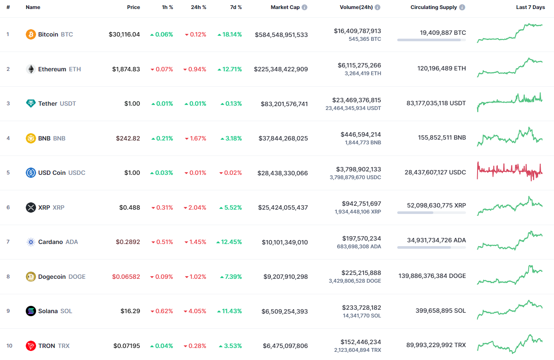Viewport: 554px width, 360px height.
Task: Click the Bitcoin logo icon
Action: [30, 34]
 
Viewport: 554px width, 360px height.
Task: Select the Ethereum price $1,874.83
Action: [126, 69]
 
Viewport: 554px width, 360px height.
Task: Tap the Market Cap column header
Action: [285, 7]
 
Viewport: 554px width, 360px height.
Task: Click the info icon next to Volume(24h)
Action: [377, 7]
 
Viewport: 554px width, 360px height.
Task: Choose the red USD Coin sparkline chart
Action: [510, 171]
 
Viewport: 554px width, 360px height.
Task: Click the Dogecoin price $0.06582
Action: [126, 277]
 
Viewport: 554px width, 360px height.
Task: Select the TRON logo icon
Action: [30, 346]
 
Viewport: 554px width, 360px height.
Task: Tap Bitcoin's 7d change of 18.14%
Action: [229, 34]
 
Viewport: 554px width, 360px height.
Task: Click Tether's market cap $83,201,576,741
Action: [284, 104]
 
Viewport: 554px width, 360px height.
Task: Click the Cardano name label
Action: [50, 242]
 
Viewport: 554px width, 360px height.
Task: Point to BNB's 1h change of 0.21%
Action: [161, 138]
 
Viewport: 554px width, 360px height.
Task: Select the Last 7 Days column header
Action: [530, 7]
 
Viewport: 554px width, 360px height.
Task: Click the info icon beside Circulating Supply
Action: [462, 7]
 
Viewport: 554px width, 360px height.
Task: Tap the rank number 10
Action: [9, 346]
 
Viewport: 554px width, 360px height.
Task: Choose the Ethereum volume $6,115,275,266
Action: [359, 65]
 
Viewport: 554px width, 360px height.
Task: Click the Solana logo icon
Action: [30, 311]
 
